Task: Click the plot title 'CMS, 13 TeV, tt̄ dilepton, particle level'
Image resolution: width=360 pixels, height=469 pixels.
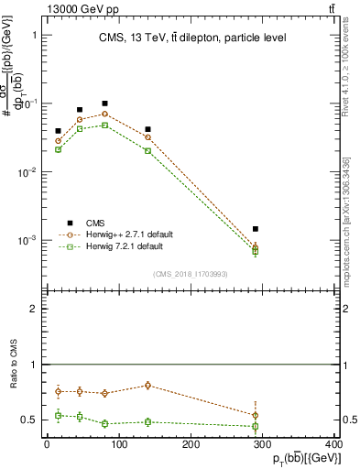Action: point(192,38)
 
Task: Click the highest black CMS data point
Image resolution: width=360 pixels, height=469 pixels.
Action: point(105,104)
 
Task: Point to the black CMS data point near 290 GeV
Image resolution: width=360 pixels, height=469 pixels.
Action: point(255,228)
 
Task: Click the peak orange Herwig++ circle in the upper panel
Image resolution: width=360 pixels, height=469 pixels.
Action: point(105,115)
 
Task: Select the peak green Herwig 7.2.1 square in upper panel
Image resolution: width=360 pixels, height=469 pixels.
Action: point(105,125)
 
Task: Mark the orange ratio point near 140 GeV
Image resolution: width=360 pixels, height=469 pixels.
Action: point(148,386)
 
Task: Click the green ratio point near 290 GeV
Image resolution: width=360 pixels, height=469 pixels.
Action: point(255,426)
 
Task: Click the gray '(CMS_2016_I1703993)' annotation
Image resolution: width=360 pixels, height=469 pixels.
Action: point(191,273)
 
